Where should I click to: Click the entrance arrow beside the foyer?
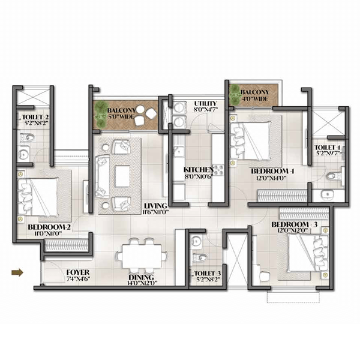tap(17, 273)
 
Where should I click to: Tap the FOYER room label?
tap(77, 272)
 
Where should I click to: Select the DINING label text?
tap(141, 277)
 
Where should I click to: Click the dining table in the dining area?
tap(141, 254)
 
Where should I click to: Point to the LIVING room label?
tap(156, 208)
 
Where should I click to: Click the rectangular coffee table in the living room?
tap(123, 175)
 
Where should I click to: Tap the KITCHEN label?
tap(197, 170)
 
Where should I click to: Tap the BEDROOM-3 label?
tap(292, 225)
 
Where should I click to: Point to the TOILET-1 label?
tap(328, 147)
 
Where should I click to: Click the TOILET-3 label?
tap(208, 274)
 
